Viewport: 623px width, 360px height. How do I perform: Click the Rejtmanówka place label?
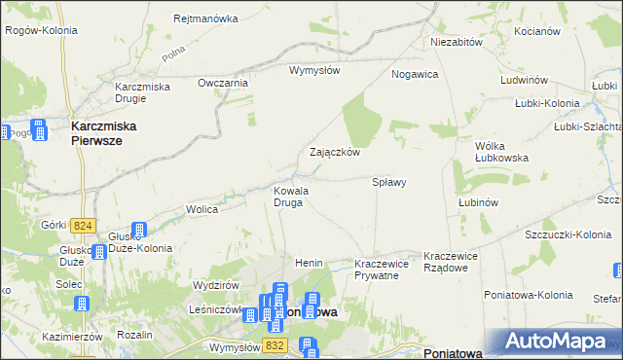click(x=205, y=18)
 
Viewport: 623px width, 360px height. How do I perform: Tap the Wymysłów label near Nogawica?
click(x=313, y=70)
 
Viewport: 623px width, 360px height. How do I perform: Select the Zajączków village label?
click(x=335, y=152)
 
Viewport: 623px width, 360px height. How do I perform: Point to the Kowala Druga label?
click(x=291, y=197)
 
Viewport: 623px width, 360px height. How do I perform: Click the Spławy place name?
click(x=389, y=182)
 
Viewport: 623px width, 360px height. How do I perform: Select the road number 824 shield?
click(x=84, y=226)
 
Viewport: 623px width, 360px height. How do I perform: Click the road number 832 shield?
click(x=276, y=344)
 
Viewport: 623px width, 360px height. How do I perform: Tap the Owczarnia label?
click(x=224, y=83)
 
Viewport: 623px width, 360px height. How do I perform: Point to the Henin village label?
click(x=309, y=264)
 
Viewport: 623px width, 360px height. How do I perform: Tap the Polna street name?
click(x=174, y=54)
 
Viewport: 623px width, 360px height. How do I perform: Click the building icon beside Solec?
click(x=82, y=304)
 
